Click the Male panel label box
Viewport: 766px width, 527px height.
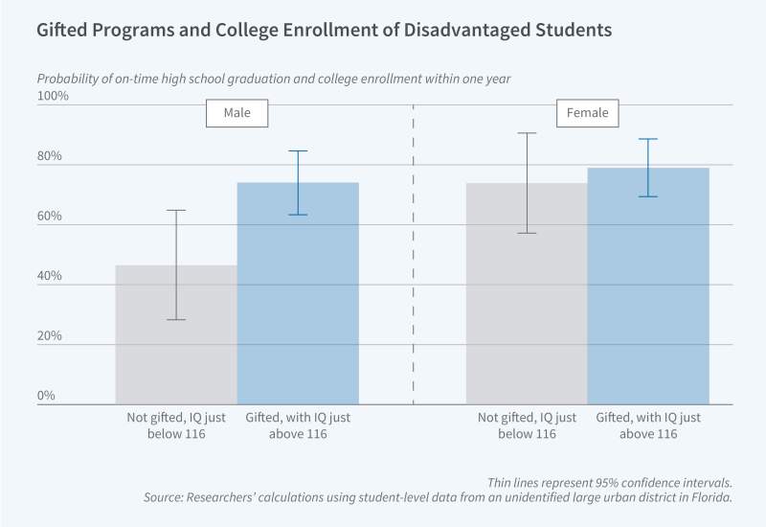coord(237,113)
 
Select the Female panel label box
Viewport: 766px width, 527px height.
coord(588,113)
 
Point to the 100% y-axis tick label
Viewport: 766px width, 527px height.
coord(54,96)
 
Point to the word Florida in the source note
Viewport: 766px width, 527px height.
coord(710,498)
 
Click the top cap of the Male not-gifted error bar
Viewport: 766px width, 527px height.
coord(176,210)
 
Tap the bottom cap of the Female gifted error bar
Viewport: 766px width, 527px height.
coord(648,196)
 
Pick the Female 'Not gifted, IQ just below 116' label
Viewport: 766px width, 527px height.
coord(527,426)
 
